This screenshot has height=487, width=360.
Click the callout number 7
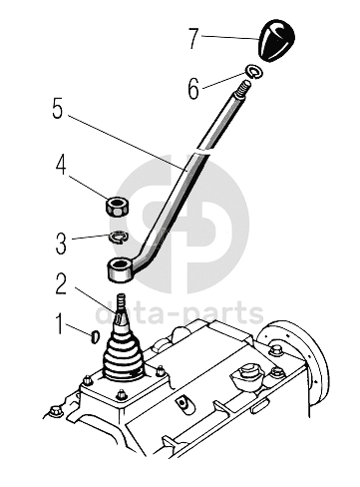(x=193, y=38)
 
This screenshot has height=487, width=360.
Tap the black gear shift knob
(x=276, y=40)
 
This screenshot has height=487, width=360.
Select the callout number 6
(x=193, y=89)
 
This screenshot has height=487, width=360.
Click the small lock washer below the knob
(x=254, y=72)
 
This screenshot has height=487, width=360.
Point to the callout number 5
(x=58, y=109)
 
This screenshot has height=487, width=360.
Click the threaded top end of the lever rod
(x=243, y=88)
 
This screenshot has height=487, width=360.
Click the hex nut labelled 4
(x=118, y=207)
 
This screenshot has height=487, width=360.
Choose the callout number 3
(x=61, y=243)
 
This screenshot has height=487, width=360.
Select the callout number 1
(x=59, y=323)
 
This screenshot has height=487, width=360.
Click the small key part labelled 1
(x=95, y=336)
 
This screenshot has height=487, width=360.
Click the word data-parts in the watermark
(x=180, y=314)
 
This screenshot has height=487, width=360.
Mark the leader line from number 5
(x=127, y=143)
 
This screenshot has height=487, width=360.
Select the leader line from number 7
(x=230, y=37)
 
